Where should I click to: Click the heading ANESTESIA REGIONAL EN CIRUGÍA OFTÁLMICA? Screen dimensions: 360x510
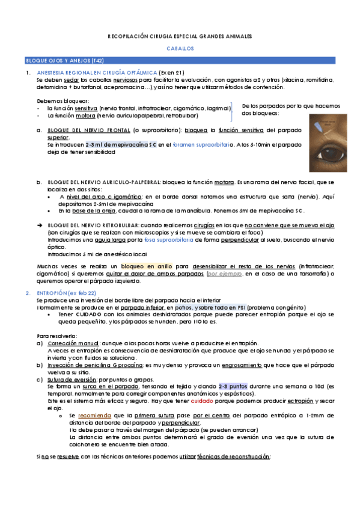tap(97, 72)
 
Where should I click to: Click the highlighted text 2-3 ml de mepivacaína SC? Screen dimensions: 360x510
tap(117, 145)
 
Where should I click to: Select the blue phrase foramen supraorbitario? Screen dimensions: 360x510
tap(206, 145)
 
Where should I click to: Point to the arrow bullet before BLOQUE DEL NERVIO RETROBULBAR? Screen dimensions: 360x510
tap(40, 224)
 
